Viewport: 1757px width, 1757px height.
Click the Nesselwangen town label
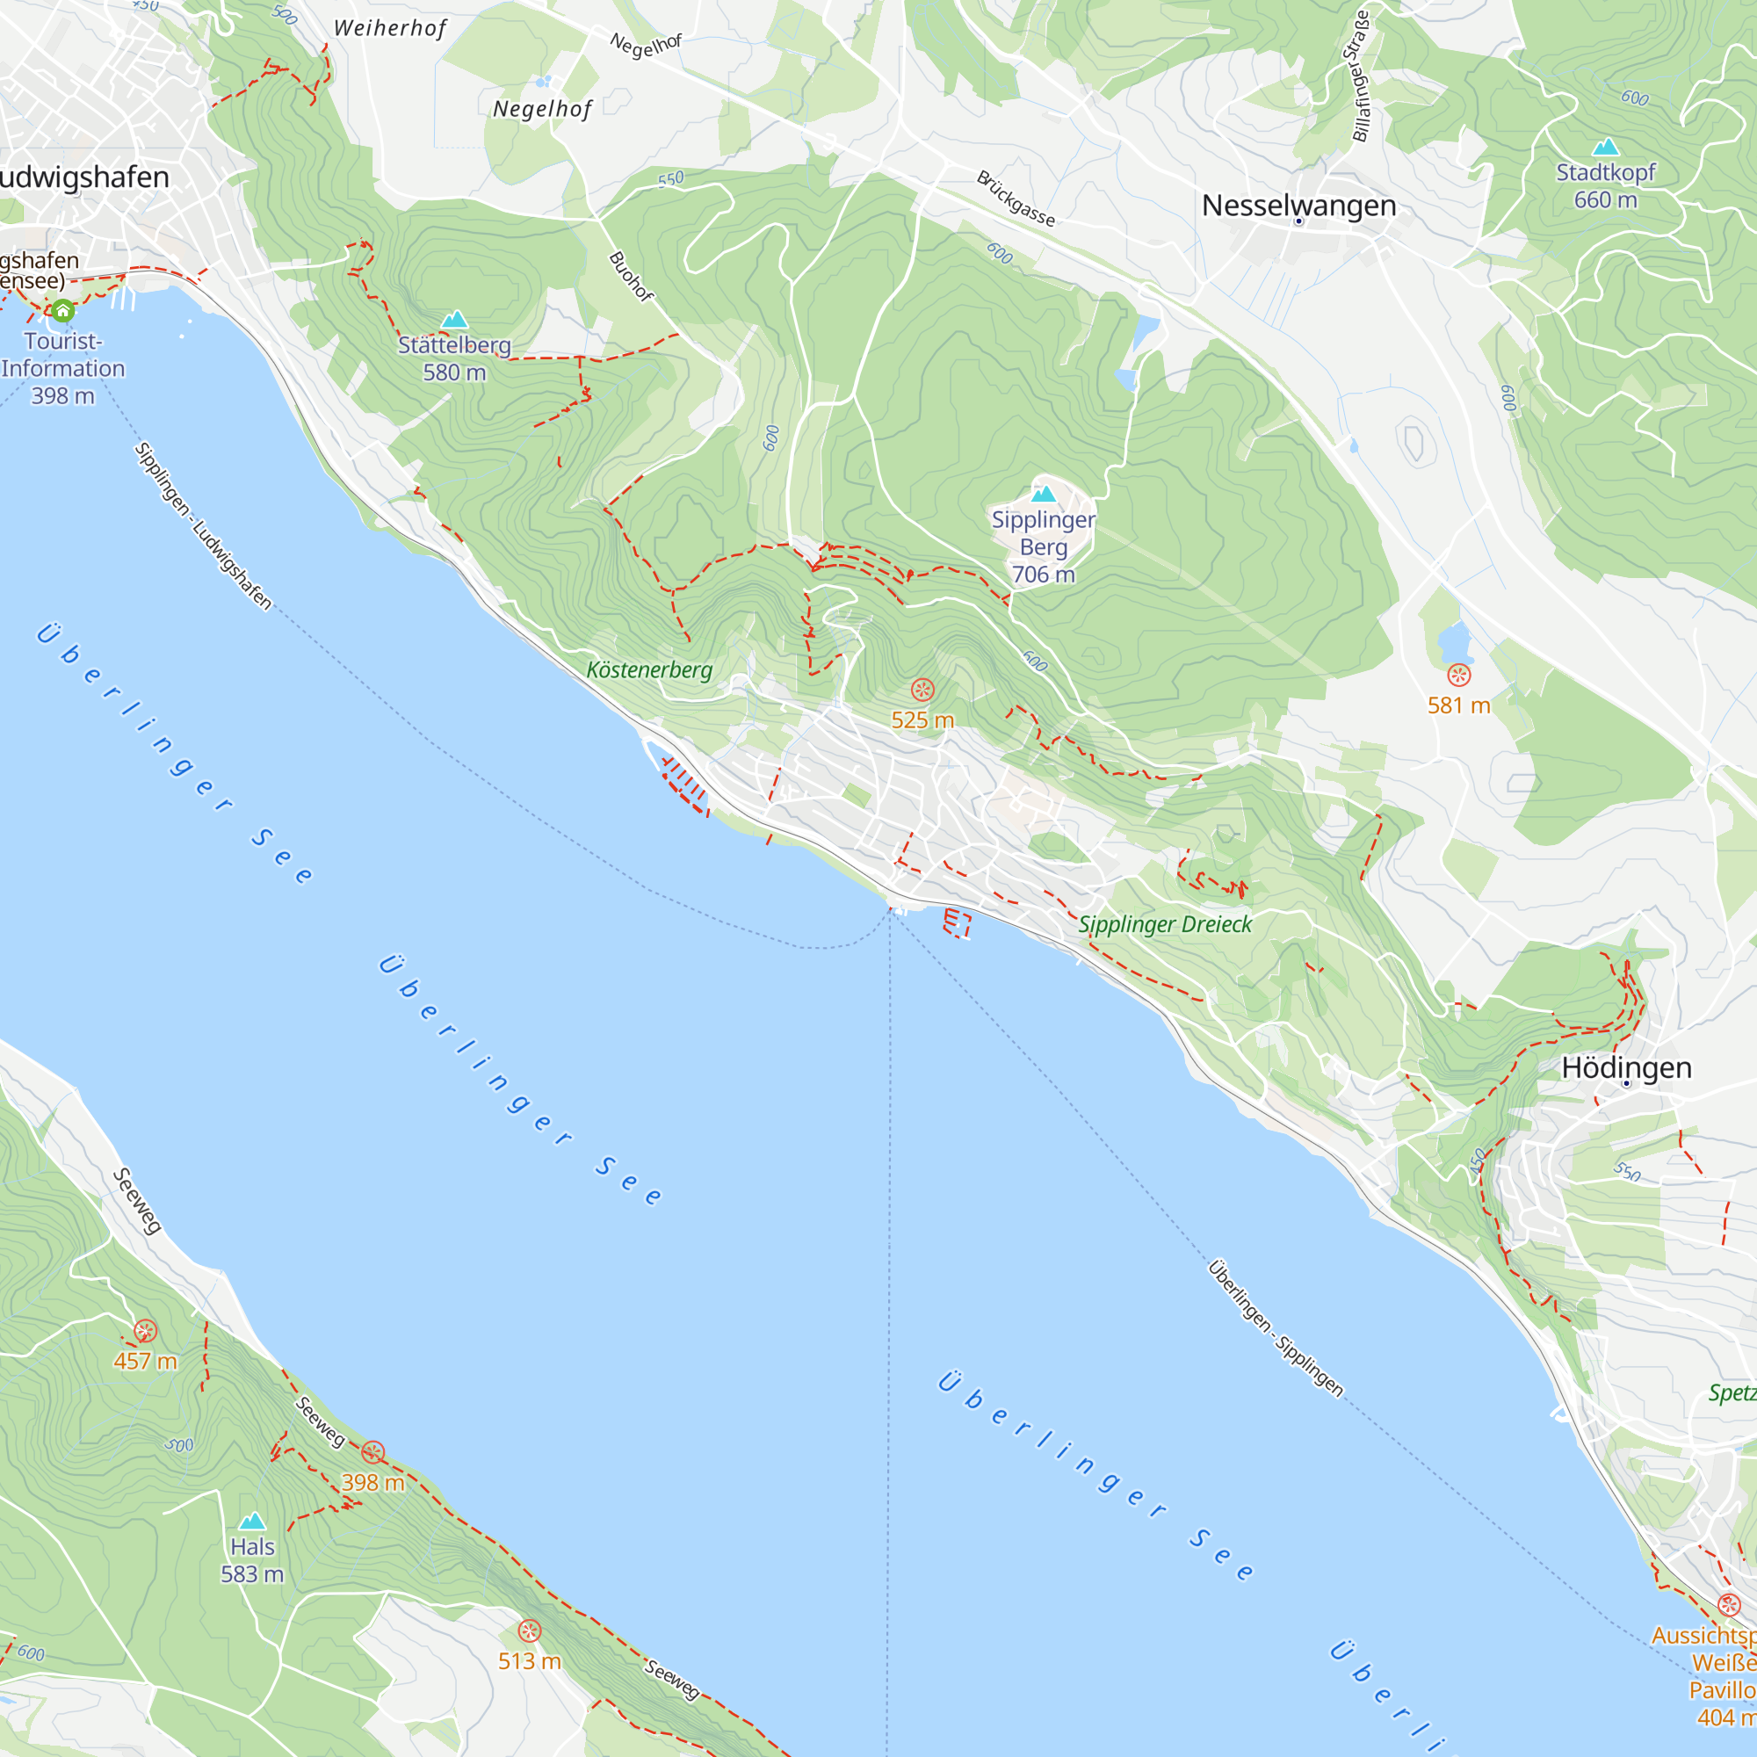point(1298,206)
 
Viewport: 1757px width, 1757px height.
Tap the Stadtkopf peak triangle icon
point(1605,148)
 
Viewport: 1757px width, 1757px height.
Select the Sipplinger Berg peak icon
point(1043,494)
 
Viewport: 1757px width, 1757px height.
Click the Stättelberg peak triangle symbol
point(454,319)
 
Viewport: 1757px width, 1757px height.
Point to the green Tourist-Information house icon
point(61,311)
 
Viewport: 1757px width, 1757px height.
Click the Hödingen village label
point(1626,1067)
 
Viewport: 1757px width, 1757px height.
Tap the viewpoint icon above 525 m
point(922,691)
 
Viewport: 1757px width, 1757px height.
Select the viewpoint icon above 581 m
point(1458,675)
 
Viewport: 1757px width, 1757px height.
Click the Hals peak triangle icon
point(252,1521)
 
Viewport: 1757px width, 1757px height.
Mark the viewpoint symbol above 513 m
point(529,1630)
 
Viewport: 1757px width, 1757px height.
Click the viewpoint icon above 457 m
point(146,1332)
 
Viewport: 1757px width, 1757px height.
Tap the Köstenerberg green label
point(649,670)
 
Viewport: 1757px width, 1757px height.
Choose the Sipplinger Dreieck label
point(1165,925)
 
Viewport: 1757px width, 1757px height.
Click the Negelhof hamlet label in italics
point(542,109)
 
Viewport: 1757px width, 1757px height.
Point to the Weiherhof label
point(390,28)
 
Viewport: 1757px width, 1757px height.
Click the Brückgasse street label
point(1016,199)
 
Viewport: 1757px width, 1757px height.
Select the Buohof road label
point(630,277)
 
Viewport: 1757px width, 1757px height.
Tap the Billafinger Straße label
point(1361,76)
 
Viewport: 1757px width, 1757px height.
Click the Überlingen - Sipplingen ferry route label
point(1275,1328)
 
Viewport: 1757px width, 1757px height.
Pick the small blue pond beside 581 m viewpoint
point(1455,642)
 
